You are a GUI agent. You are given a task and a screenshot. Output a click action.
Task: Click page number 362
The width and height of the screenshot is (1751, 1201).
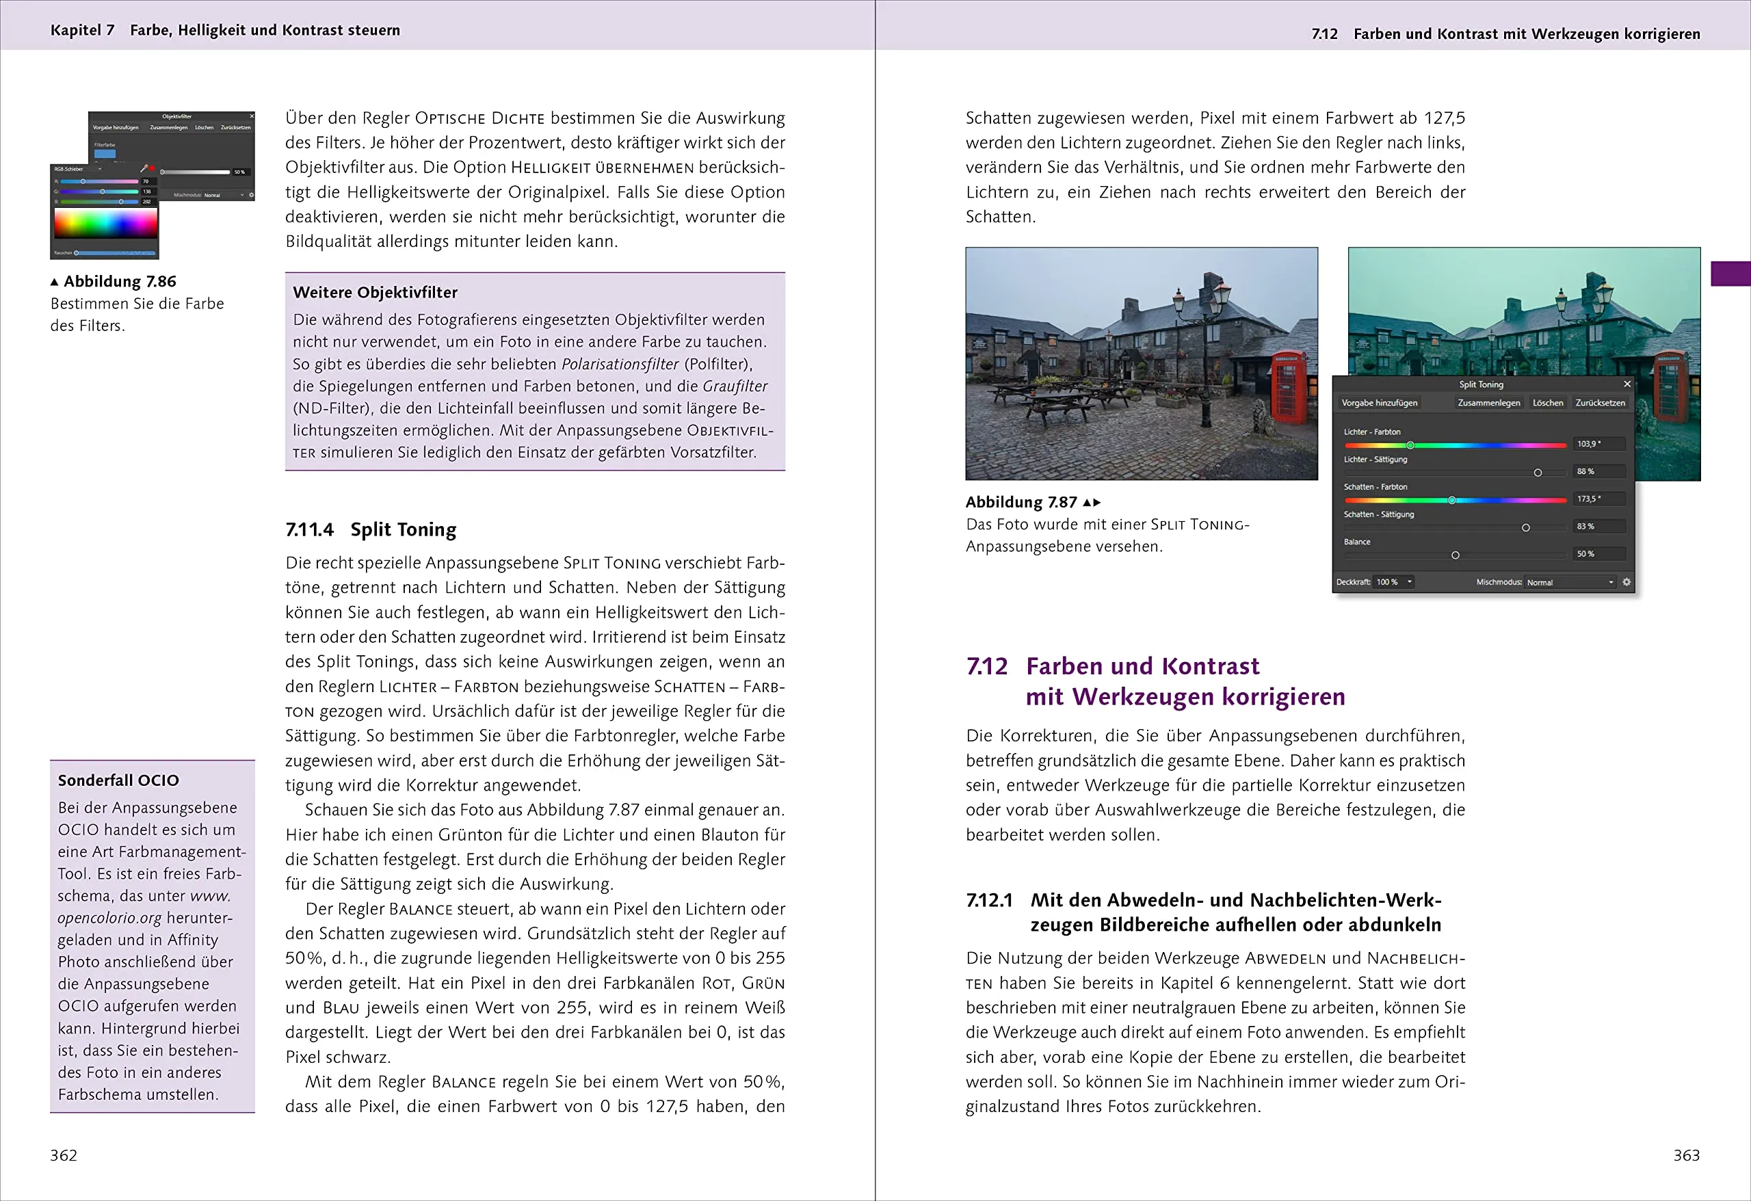64,1155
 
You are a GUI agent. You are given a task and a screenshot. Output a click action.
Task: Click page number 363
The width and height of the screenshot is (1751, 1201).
1686,1155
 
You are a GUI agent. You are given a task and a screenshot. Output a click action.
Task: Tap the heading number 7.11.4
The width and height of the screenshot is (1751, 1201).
309,529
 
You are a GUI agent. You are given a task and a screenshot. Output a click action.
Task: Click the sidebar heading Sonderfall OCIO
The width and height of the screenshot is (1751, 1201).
118,780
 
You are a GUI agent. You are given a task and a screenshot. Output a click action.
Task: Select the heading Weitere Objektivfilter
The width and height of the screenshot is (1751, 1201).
374,292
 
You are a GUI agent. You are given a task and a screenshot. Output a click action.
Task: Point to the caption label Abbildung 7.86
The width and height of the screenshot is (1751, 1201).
119,281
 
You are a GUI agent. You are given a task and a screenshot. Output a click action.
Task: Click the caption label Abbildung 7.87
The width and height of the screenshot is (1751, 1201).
1021,502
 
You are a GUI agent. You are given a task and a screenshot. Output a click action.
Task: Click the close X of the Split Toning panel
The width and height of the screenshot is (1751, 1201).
1627,384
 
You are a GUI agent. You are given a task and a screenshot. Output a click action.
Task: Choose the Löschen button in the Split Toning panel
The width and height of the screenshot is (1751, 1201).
1548,403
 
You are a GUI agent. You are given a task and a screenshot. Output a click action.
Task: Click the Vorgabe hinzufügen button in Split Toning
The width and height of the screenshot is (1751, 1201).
1379,403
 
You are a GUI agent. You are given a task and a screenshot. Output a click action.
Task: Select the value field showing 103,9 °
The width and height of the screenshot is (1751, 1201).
1597,444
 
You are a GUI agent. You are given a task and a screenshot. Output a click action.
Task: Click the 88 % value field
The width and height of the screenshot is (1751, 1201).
1597,472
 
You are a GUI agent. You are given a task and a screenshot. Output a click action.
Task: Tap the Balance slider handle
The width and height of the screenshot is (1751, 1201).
1455,555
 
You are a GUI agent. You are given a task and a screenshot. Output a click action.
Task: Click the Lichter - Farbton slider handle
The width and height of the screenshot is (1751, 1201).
1410,445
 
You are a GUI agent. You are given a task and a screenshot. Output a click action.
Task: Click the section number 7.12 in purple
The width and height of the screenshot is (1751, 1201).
986,666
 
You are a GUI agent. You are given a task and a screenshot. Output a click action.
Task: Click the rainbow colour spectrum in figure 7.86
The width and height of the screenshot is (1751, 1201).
105,224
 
